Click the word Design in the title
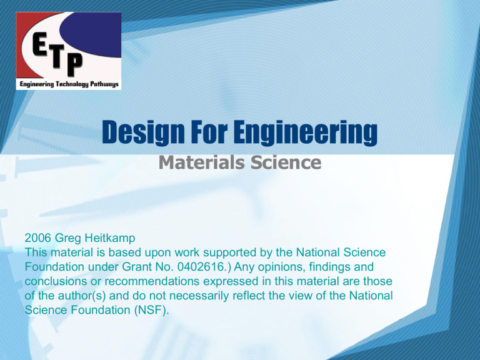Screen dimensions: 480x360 coord(143,132)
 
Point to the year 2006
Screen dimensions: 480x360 coord(37,238)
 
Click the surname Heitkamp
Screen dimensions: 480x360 coord(110,238)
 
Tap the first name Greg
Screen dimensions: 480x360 coord(68,239)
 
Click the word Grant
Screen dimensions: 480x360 coord(136,267)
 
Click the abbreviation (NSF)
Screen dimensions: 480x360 coord(151,310)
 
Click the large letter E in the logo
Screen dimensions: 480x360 coord(40,45)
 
